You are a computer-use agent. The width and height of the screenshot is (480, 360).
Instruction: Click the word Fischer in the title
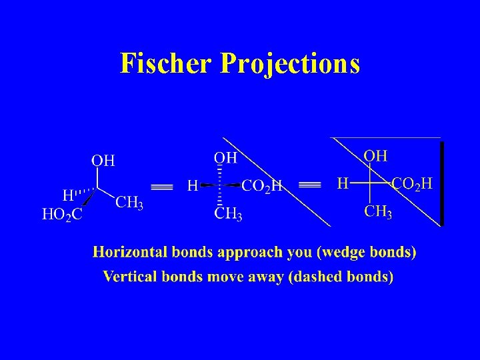click(165, 63)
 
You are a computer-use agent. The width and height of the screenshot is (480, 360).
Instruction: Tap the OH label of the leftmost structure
click(103, 160)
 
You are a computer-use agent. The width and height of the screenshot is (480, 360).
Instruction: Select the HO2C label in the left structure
click(62, 215)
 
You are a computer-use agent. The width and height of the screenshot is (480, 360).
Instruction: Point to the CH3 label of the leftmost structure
click(129, 203)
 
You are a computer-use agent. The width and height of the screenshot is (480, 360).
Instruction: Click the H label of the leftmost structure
click(68, 195)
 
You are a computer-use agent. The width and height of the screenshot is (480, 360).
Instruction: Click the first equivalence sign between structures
click(162, 186)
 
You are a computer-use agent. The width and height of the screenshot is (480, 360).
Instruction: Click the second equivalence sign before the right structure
click(309, 184)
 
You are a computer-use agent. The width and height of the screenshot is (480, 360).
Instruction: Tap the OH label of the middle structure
click(225, 158)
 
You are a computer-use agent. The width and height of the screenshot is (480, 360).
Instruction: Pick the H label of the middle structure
click(192, 185)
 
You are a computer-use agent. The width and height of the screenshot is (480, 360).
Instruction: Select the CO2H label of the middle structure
click(261, 186)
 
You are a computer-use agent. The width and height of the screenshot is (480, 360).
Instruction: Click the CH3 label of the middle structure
click(228, 214)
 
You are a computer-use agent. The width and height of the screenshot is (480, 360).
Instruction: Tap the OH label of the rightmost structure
click(375, 156)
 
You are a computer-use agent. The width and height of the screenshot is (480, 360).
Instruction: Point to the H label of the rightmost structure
click(343, 183)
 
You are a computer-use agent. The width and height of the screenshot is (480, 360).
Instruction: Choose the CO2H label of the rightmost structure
click(412, 183)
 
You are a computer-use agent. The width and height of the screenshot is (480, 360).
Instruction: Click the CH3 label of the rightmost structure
click(377, 212)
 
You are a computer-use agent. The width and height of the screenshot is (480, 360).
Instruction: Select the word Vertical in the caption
click(129, 276)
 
